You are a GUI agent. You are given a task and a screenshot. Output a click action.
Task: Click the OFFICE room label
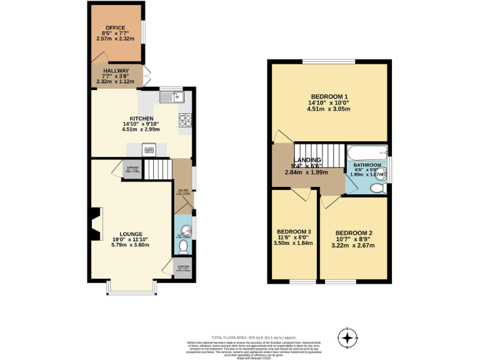click(x=115, y=28)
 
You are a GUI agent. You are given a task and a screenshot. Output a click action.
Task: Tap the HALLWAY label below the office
click(x=116, y=71)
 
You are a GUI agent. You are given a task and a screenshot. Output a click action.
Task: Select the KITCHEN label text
click(x=141, y=119)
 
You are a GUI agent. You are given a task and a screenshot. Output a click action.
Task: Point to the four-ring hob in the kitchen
click(x=186, y=120)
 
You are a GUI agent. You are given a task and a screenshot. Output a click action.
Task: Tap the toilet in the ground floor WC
click(x=183, y=247)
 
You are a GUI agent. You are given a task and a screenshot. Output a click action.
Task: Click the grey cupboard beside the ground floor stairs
click(x=132, y=169)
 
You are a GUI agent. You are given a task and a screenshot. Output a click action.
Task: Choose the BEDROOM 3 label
click(x=294, y=232)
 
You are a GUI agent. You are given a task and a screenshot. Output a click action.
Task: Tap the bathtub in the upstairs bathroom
click(x=367, y=152)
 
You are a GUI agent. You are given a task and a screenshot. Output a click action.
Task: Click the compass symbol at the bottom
click(x=348, y=337)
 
